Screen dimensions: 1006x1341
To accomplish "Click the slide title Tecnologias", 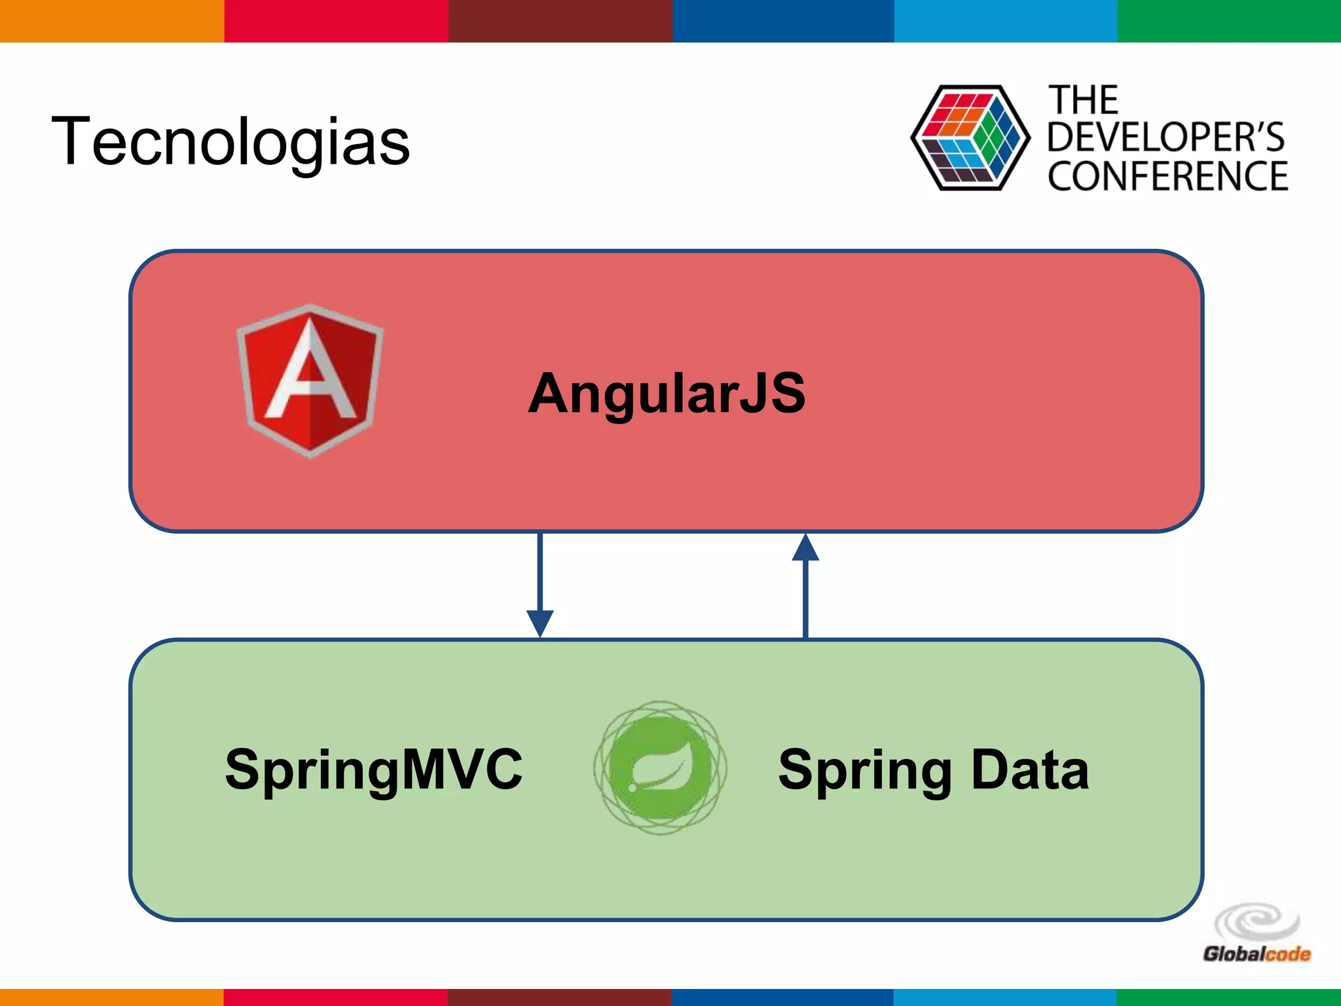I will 230,141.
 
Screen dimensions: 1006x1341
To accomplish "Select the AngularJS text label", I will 667,393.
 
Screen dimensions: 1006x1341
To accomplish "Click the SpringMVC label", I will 373,770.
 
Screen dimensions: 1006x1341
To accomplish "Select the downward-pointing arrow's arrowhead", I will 540,622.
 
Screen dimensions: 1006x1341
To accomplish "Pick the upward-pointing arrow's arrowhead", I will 805,548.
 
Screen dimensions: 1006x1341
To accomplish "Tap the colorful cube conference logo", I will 970,138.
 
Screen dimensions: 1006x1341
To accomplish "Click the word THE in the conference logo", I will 1084,100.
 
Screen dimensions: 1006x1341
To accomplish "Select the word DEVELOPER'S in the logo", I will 1166,138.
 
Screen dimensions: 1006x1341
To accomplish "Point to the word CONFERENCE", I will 1167,176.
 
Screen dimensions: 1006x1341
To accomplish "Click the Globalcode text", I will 1256,954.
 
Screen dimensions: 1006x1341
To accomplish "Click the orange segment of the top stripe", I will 111,21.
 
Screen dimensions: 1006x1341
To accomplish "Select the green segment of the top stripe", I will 1229,21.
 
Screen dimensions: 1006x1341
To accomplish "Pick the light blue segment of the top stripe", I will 1005,21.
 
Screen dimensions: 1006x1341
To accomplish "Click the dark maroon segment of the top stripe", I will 560,21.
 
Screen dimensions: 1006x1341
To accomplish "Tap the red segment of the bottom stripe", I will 335,997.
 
